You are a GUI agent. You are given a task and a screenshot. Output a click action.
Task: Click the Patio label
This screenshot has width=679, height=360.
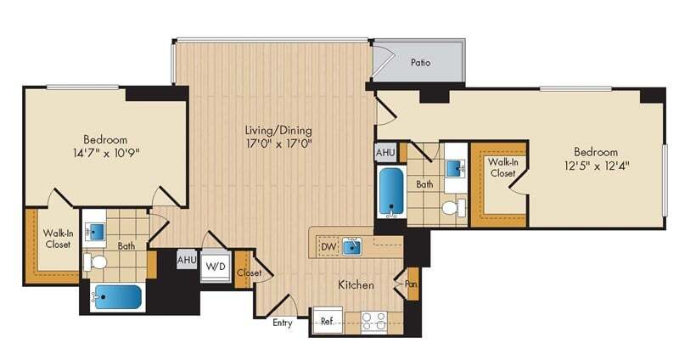(x=420, y=62)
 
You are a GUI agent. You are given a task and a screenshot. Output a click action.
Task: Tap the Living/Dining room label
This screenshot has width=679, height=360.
(x=278, y=131)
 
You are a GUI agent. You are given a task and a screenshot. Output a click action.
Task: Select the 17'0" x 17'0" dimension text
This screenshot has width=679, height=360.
(x=278, y=145)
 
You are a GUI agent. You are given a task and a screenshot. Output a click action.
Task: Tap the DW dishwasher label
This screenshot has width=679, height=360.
(x=328, y=247)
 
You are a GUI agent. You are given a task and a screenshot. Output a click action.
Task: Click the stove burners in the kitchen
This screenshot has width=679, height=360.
(x=374, y=322)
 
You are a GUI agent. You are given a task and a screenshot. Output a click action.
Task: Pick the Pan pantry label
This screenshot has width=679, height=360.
(x=411, y=284)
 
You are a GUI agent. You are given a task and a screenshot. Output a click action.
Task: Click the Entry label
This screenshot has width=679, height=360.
(x=283, y=323)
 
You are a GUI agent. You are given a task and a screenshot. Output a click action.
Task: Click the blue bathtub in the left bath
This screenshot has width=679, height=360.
(x=116, y=297)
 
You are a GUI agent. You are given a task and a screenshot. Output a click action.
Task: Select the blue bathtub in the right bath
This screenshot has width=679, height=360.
(x=390, y=193)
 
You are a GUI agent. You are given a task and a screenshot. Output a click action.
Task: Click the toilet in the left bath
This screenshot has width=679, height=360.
(x=96, y=262)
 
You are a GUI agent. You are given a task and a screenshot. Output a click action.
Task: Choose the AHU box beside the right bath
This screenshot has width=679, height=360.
(x=384, y=152)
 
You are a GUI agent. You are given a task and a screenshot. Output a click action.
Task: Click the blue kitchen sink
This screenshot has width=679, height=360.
(x=352, y=247)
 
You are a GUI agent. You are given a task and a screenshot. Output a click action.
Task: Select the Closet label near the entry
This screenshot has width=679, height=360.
(x=250, y=273)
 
